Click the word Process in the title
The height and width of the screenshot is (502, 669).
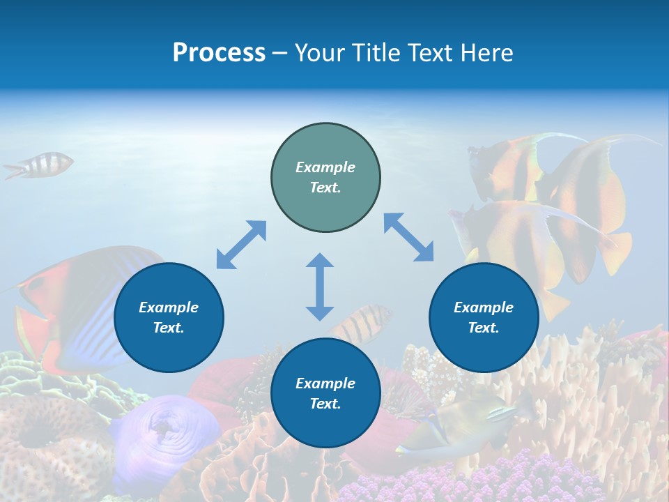219,53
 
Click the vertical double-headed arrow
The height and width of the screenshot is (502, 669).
320,287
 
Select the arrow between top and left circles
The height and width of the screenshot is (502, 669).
241,245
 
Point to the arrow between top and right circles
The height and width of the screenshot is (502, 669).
408,237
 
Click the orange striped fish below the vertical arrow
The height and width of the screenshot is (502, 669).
362,321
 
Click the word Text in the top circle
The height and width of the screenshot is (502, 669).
325,188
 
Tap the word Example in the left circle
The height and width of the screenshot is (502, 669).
169,307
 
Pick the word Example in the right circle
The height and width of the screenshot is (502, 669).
484,307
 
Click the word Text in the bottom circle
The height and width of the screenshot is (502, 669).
325,404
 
